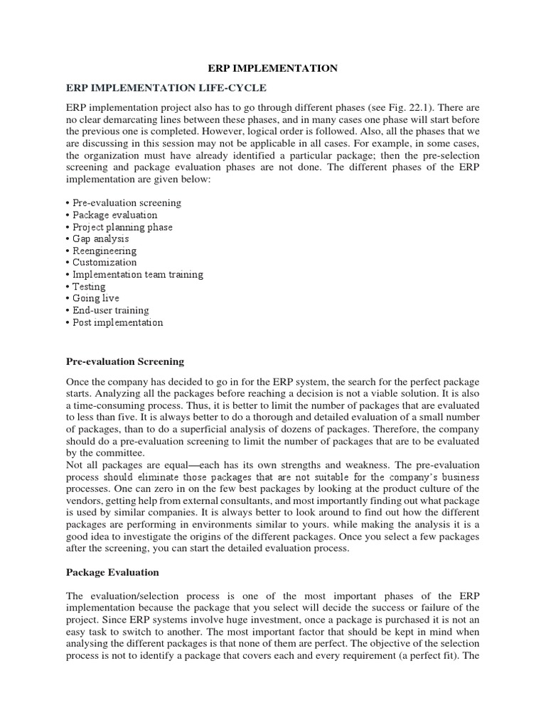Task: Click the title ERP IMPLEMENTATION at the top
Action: click(x=272, y=68)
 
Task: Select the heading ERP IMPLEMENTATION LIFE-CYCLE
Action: click(x=166, y=88)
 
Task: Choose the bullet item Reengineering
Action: click(x=105, y=251)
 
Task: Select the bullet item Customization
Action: click(x=105, y=263)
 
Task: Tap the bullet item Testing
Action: click(x=89, y=286)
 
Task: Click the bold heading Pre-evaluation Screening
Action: click(x=124, y=361)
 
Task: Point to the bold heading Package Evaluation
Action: click(x=112, y=572)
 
